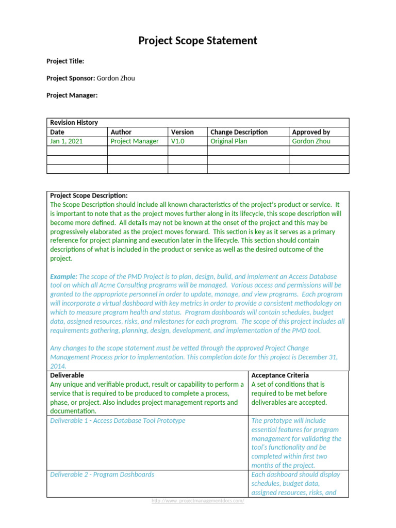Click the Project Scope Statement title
pos(197,41)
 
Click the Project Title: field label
pos(65,61)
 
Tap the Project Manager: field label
pos(72,95)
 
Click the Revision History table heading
pos(74,123)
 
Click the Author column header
pos(121,132)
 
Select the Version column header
pos(183,132)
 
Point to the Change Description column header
pos(239,132)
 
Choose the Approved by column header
pos(311,132)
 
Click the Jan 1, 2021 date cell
pos(66,141)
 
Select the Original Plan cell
pos(229,141)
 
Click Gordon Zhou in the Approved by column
pos(311,141)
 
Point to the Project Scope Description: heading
pos(89,196)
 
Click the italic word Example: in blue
pos(64,276)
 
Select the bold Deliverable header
pos(67,375)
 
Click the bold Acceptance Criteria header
pos(280,375)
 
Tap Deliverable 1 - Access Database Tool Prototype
pos(118,421)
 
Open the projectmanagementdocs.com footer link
pos(197,501)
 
